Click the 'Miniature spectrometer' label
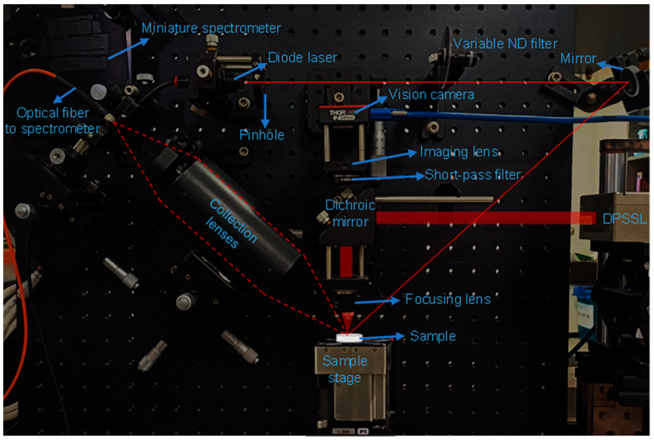[211, 28]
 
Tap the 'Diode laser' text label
[302, 58]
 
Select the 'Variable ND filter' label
[505, 44]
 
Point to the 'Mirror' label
[578, 59]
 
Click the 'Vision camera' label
[431, 95]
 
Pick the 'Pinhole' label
[262, 135]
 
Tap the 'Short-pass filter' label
[473, 175]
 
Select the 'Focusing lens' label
[448, 299]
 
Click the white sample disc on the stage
[349, 337]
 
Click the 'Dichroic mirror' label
[350, 214]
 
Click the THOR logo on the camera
[337, 113]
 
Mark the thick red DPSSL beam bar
[486, 218]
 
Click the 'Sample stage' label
[345, 369]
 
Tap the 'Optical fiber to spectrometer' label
[53, 121]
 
